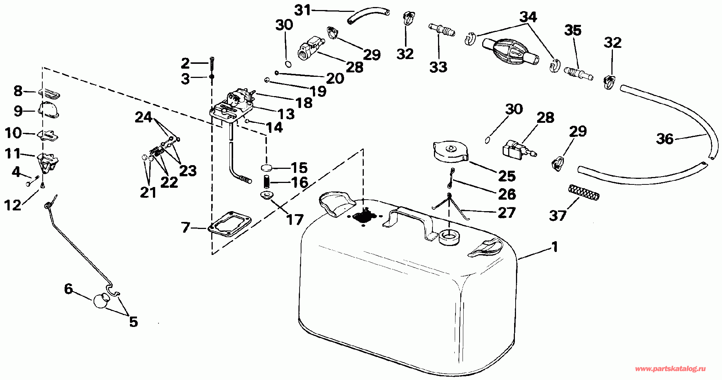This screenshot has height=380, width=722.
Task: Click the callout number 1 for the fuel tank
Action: [x=555, y=247]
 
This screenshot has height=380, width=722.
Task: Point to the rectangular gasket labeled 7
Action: [x=229, y=224]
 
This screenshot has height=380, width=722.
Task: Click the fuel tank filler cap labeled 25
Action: [x=451, y=152]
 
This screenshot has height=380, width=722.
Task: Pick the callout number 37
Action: [x=558, y=216]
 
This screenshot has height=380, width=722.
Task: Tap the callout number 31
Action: [x=303, y=10]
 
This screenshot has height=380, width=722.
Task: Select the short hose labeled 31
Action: [x=369, y=15]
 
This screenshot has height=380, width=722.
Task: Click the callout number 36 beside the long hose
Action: [x=665, y=139]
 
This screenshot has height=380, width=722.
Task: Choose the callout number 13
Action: [x=286, y=114]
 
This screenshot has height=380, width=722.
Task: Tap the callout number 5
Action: [x=133, y=322]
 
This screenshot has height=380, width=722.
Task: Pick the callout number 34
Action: [x=528, y=17]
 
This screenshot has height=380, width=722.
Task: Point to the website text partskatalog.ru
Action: [x=670, y=369]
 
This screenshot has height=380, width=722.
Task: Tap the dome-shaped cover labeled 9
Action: [x=49, y=110]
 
